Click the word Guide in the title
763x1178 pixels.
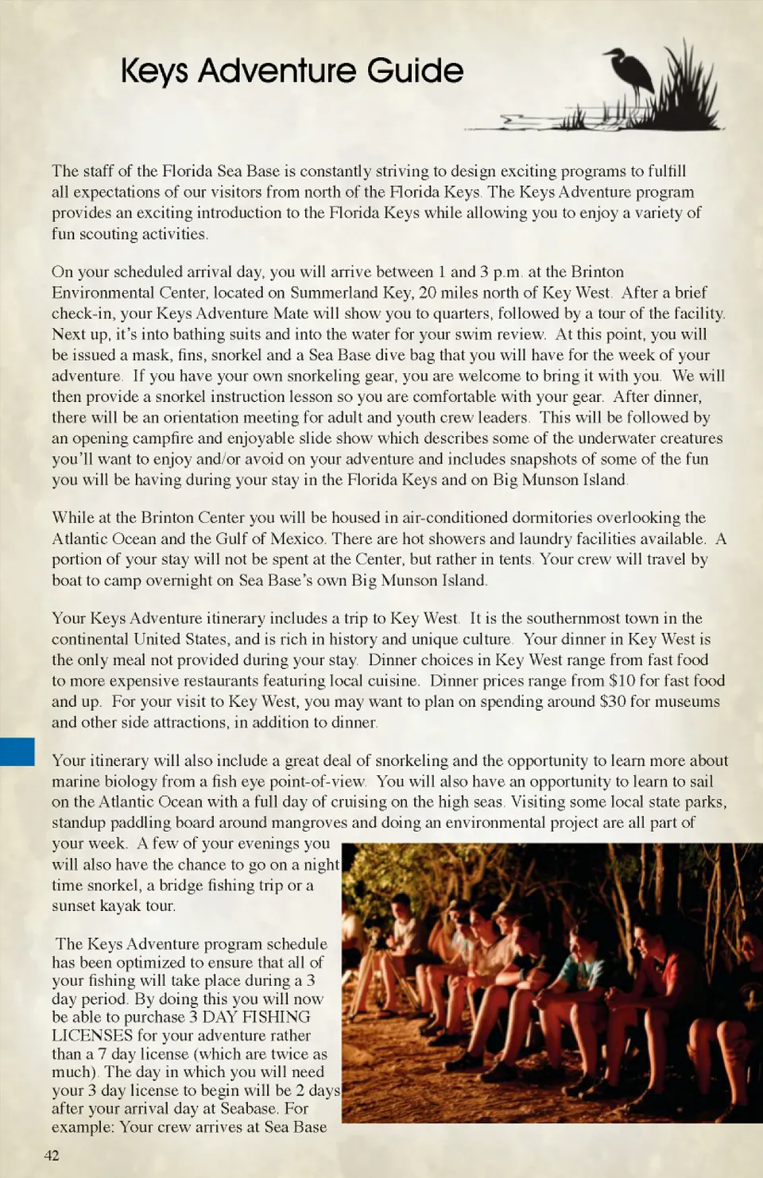click(416, 71)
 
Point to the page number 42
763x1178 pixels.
click(52, 1155)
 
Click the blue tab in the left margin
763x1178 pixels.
click(17, 751)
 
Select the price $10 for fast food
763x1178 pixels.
click(622, 681)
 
